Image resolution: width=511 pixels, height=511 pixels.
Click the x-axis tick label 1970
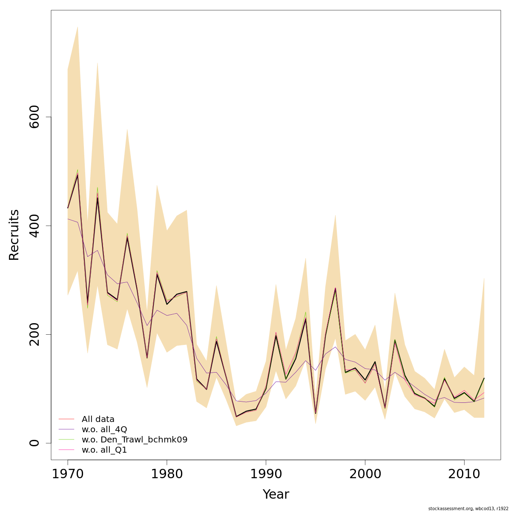(68, 474)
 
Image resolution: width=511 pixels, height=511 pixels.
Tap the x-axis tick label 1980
(167, 474)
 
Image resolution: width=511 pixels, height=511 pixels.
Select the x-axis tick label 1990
(266, 474)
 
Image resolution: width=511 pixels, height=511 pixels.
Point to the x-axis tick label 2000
(365, 474)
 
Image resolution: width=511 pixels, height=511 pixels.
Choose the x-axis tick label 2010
(464, 474)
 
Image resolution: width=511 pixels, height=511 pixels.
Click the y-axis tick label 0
(34, 443)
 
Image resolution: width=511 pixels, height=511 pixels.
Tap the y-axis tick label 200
(34, 334)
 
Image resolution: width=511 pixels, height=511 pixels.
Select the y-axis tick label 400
(34, 226)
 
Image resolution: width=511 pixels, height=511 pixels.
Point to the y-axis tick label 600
(34, 117)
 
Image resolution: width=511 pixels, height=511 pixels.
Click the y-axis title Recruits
(14, 235)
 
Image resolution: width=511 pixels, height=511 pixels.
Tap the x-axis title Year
(276, 494)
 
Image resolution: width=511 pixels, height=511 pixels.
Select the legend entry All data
(98, 419)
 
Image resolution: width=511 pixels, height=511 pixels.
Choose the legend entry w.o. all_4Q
(104, 430)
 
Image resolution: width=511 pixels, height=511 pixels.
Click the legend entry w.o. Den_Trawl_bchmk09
(134, 440)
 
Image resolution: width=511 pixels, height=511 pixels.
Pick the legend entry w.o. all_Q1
(104, 450)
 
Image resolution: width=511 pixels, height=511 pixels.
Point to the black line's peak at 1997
(335, 289)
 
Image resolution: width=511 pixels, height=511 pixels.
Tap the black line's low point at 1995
(316, 413)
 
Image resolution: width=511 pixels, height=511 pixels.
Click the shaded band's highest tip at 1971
(78, 26)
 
